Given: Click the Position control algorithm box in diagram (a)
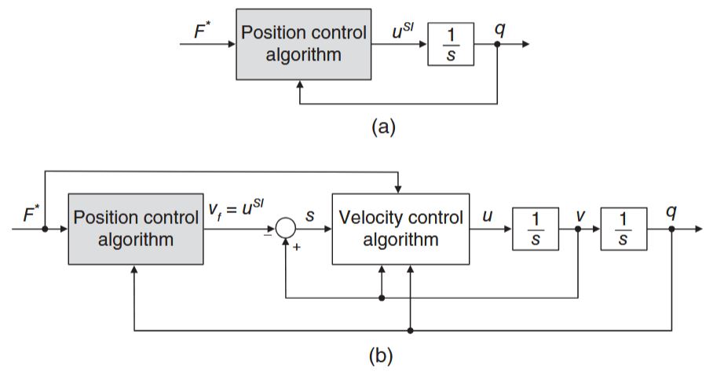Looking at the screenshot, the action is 303,44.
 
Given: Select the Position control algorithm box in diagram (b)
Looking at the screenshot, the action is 136,229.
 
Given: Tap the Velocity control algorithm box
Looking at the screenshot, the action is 400,229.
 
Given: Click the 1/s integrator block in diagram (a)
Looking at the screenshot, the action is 451,44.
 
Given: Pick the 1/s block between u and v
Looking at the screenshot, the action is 536,229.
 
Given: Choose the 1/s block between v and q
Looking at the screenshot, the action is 623,229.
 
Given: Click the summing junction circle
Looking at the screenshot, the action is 286,229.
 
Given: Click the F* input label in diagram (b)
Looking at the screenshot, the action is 31,214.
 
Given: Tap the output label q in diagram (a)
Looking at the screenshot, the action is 499,30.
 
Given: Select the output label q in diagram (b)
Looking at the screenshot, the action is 671,212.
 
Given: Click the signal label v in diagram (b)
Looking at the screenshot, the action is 580,215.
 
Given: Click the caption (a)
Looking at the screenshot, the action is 383,127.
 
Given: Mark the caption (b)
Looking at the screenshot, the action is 381,355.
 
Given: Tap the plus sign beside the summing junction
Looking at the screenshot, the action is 297,247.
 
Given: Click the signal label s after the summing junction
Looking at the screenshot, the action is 310,215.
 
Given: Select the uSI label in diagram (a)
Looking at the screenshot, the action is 403,31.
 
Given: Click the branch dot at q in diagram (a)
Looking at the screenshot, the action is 497,44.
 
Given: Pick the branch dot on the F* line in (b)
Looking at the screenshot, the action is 45,229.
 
